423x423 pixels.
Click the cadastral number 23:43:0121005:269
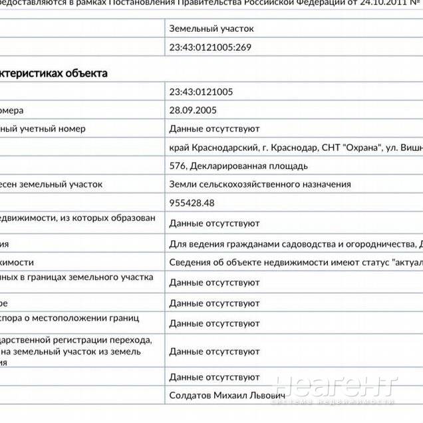pyautogui.click(x=210, y=47)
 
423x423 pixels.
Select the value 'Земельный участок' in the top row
pyautogui.click(x=211, y=29)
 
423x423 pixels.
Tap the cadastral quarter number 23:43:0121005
pyautogui.click(x=201, y=92)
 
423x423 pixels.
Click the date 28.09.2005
pyautogui.click(x=193, y=110)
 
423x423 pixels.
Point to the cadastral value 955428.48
pyautogui.click(x=192, y=202)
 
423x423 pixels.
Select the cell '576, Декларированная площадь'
pyautogui.click(x=239, y=166)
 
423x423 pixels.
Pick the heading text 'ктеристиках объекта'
pyautogui.click(x=53, y=73)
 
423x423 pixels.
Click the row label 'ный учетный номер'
pyautogui.click(x=43, y=128)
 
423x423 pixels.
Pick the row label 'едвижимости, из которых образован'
pyautogui.click(x=78, y=217)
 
